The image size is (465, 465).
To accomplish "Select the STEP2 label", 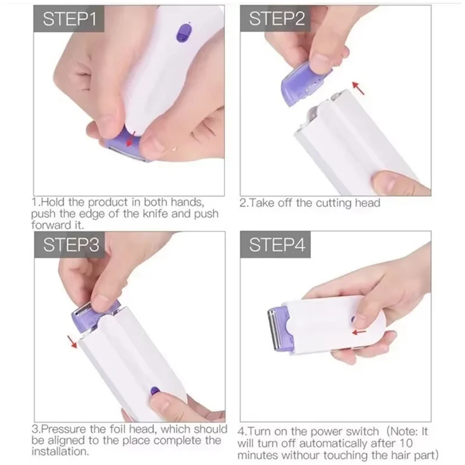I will point(277,20).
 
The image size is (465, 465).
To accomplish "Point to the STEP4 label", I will point(277,245).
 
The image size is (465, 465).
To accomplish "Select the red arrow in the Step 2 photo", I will point(360,89).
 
